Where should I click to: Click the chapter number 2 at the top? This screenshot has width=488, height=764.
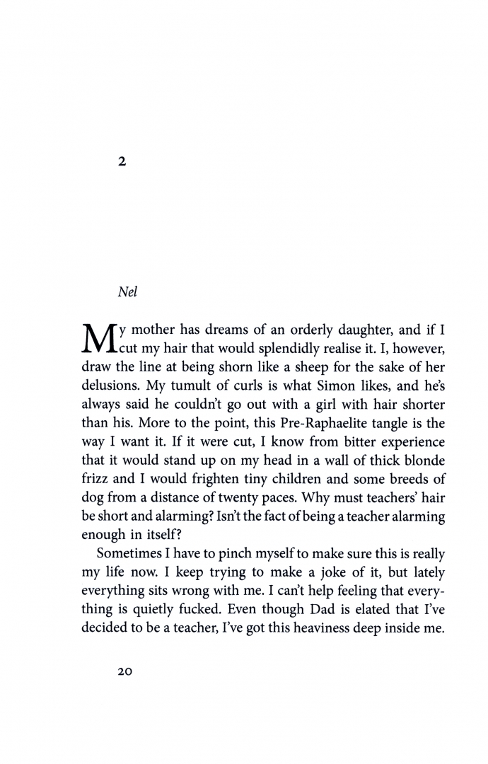(x=122, y=162)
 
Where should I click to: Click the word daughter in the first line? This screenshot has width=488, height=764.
(x=337, y=330)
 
